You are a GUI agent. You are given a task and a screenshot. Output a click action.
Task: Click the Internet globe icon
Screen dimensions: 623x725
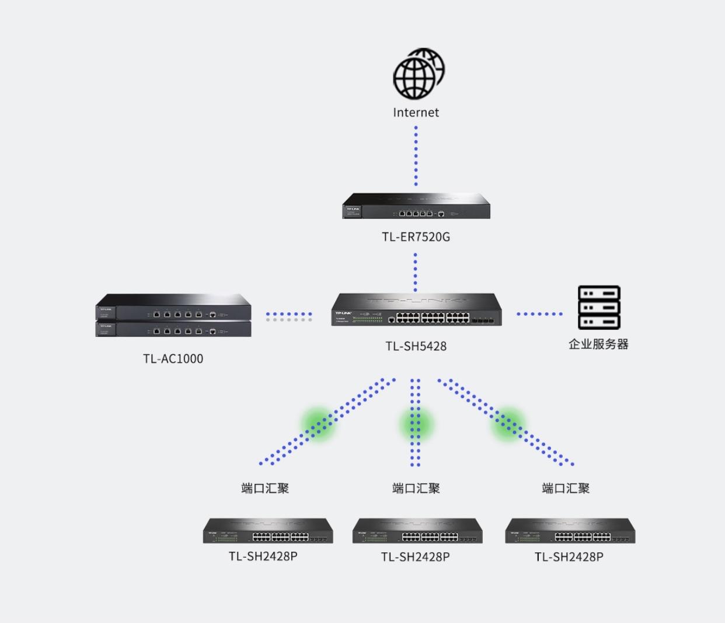tap(418, 74)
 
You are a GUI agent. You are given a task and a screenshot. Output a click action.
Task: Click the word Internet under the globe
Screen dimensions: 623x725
tap(416, 113)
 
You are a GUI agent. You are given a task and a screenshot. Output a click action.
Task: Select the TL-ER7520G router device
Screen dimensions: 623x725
tap(416, 207)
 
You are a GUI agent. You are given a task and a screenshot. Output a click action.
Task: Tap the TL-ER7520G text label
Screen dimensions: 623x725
tap(416, 237)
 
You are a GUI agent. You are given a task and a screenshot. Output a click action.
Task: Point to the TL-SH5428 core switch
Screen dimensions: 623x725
tap(416, 310)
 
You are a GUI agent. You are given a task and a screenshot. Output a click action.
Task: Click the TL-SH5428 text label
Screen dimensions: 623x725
tap(416, 346)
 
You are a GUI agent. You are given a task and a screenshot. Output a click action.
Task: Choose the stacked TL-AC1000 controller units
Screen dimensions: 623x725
tap(173, 316)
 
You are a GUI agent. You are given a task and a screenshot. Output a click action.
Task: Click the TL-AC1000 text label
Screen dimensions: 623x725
tap(173, 359)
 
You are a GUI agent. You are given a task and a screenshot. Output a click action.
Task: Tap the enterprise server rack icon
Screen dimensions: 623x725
tap(599, 308)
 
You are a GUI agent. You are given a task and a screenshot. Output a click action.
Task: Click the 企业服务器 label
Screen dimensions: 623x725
tap(598, 344)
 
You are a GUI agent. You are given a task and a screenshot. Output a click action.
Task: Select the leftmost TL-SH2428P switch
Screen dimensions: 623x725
tap(268, 531)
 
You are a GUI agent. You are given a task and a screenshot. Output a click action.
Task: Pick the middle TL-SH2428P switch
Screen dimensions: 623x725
tap(417, 531)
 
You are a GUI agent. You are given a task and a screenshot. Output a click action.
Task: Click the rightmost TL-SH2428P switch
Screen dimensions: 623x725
tap(570, 531)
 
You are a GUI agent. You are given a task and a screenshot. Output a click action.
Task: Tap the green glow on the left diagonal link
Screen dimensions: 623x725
tap(318, 423)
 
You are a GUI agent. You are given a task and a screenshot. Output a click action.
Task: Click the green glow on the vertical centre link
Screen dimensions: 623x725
tap(416, 424)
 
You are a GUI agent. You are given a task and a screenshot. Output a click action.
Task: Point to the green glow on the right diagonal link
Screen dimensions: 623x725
tap(508, 423)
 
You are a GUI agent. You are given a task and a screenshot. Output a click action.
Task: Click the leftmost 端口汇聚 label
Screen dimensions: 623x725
tap(265, 488)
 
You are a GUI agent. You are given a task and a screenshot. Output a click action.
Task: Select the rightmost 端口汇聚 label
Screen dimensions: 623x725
tap(566, 488)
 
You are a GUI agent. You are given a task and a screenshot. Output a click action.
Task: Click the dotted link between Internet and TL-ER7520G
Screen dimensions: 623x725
tap(416, 156)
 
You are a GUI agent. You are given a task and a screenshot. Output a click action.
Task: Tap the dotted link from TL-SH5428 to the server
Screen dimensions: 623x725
tap(539, 314)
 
